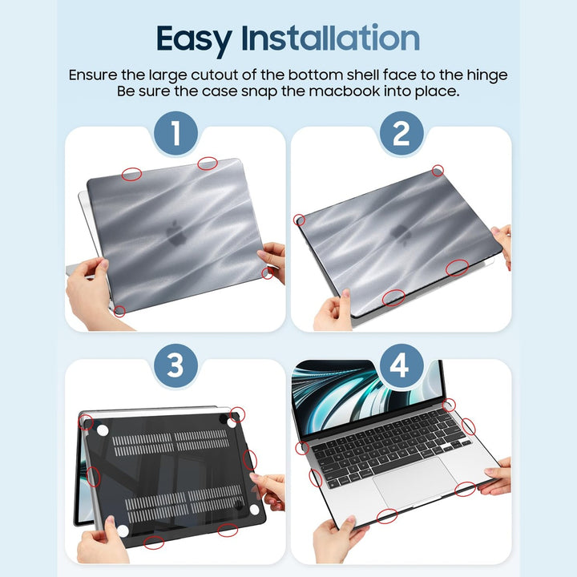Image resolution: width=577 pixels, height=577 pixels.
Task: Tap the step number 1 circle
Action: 175,133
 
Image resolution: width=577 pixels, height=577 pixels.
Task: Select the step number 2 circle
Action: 401,133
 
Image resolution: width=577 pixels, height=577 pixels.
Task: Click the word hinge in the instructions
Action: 485,75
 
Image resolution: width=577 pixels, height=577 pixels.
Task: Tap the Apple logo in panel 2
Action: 398,233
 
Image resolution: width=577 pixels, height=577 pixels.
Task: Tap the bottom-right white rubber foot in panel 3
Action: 253,510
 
